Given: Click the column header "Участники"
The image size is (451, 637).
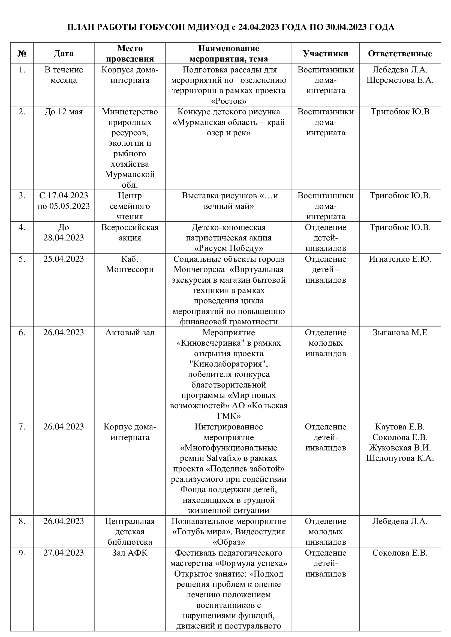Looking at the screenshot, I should [326, 54].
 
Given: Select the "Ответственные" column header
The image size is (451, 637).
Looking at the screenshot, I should [400, 54].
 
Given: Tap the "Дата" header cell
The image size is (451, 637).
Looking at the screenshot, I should [64, 54].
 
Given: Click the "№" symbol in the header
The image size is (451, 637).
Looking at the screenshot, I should [22, 54].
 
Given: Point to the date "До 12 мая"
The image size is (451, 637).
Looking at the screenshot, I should [64, 112].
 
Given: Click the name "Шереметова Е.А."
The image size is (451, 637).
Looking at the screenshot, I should [400, 80].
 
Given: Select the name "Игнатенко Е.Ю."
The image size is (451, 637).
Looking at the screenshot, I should [400, 259].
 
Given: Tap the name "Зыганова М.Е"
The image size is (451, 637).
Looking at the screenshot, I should [400, 332].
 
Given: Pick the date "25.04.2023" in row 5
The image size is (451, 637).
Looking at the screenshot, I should [64, 259].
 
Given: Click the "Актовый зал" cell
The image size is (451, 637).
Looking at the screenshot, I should [130, 332].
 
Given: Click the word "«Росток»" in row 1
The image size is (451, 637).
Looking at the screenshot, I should [228, 101].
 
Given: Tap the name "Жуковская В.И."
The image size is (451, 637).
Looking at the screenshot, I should [400, 447].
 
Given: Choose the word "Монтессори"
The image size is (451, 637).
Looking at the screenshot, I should [130, 269].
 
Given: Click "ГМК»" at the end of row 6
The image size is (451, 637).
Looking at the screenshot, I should [228, 416].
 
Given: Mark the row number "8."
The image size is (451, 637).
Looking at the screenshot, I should [22, 521].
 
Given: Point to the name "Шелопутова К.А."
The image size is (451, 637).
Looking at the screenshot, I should [400, 458].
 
